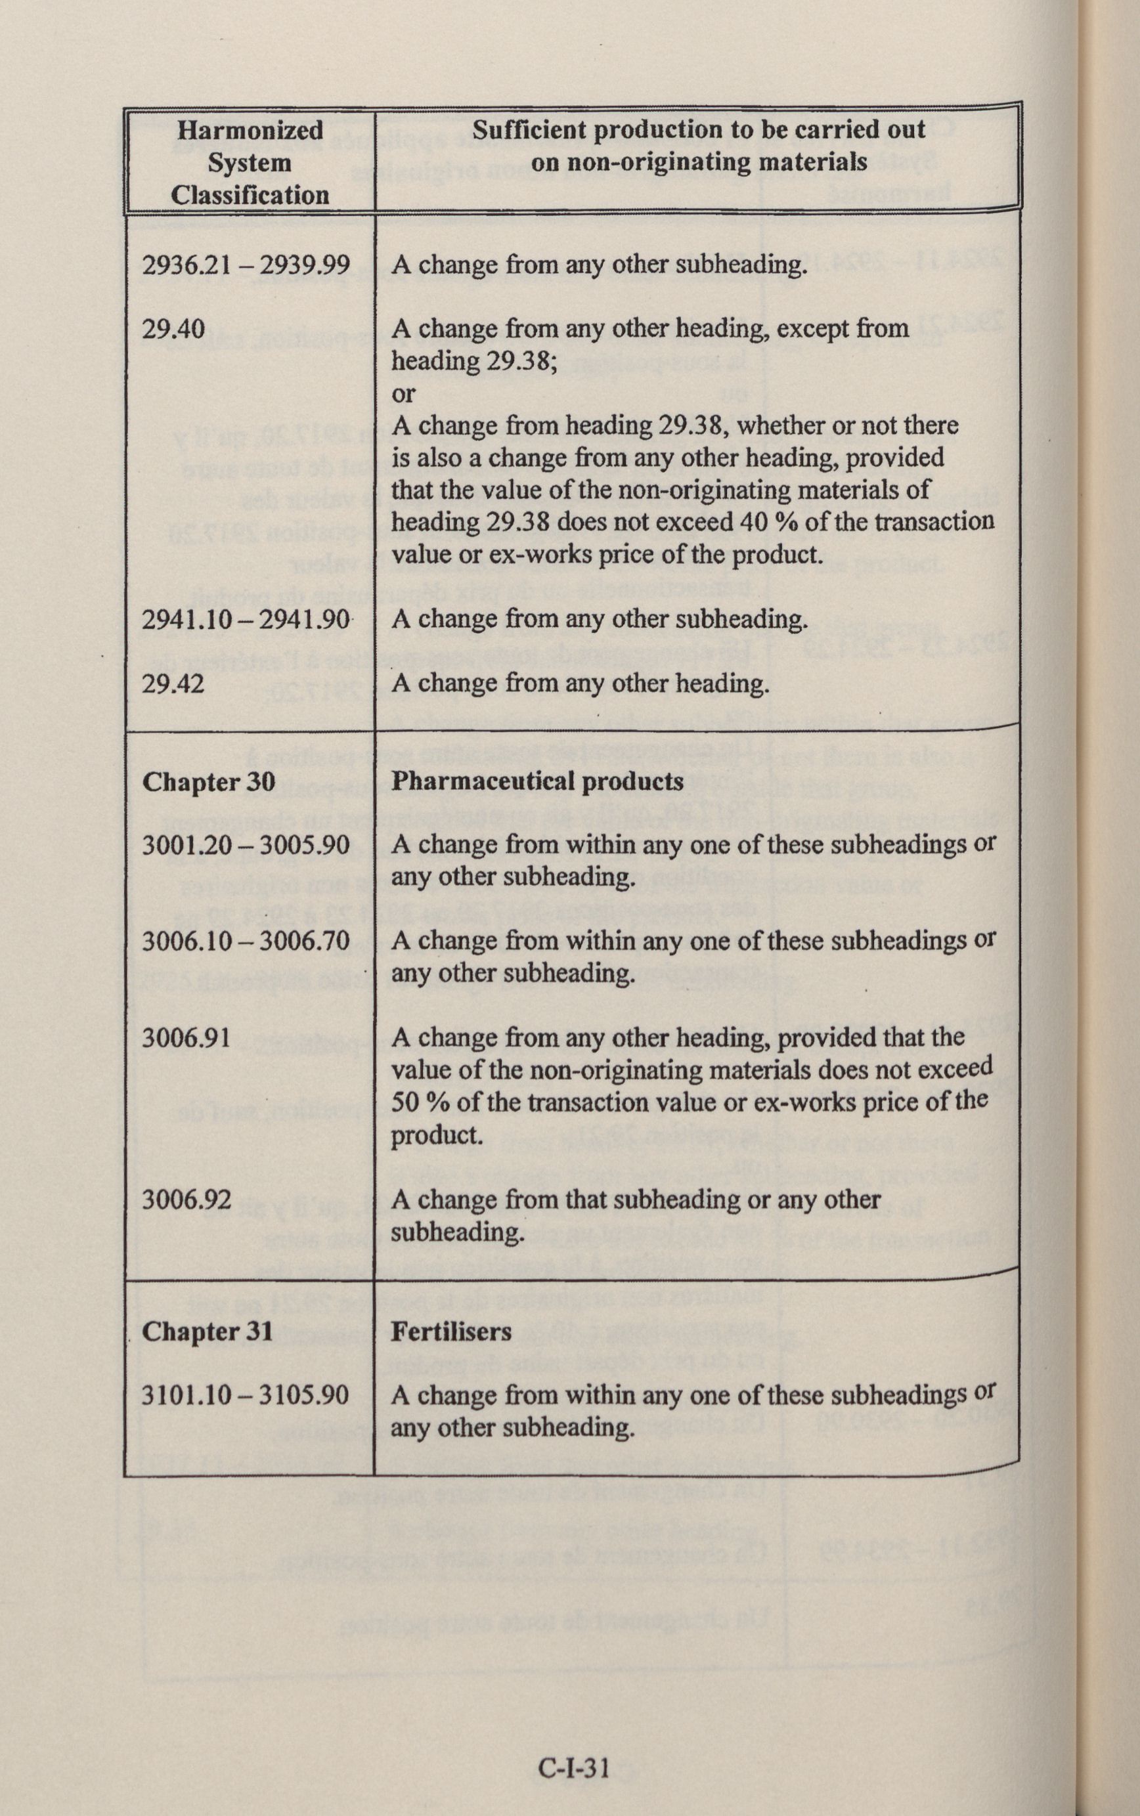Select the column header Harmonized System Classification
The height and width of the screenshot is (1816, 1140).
click(250, 162)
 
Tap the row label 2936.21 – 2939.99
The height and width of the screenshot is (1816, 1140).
click(246, 265)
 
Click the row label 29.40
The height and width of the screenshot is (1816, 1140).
click(173, 329)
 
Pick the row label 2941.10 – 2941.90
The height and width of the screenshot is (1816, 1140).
click(246, 620)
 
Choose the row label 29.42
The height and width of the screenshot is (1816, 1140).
click(173, 683)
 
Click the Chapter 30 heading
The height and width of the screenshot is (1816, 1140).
click(209, 782)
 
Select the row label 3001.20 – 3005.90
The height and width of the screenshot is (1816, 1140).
click(246, 845)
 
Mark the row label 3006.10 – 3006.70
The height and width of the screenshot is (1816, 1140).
click(246, 941)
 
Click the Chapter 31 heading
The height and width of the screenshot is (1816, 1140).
click(208, 1331)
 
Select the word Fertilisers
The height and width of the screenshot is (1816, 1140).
click(451, 1331)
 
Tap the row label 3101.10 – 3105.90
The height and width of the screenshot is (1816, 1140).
click(246, 1394)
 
